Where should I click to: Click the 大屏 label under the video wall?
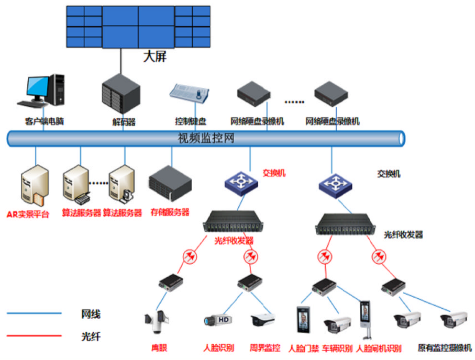coord(155,57)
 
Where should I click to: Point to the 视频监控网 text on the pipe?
coord(206,138)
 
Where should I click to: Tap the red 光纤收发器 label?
coord(234,241)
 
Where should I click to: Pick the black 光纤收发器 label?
coord(403,235)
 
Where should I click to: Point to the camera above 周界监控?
coord(262,320)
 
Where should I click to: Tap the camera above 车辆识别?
coord(336,324)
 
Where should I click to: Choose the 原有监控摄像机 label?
coord(445,347)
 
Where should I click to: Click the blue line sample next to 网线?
coord(34,314)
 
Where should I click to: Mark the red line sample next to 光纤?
coord(34,336)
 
